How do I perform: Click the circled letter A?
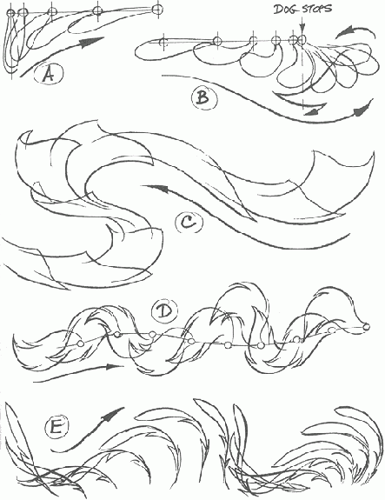click(x=49, y=75)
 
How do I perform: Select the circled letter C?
click(x=189, y=223)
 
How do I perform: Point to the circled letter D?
click(x=165, y=311)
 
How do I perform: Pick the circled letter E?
click(x=57, y=427)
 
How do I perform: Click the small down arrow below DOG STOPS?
click(x=302, y=25)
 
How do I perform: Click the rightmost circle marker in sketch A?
click(x=157, y=10)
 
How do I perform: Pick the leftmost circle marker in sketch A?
click(x=10, y=13)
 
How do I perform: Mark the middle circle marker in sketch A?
click(x=52, y=12)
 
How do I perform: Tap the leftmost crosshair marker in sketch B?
click(x=163, y=41)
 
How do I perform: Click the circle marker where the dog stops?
click(x=302, y=39)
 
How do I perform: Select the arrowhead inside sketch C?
click(x=159, y=189)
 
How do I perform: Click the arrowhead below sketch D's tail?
click(x=114, y=366)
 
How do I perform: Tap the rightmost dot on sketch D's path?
click(x=367, y=326)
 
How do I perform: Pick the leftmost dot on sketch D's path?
click(x=80, y=343)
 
